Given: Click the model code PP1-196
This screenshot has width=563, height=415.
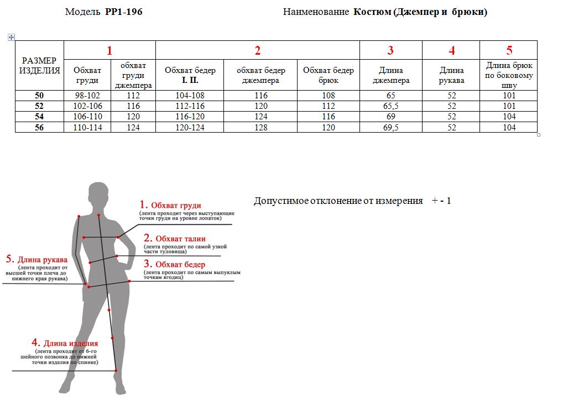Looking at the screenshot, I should pyautogui.click(x=123, y=12).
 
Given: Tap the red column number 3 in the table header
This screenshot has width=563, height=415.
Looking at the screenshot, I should pyautogui.click(x=390, y=51).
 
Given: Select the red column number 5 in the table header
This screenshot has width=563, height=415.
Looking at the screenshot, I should pyautogui.click(x=509, y=50).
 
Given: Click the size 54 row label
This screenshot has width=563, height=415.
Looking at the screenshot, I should pyautogui.click(x=39, y=117).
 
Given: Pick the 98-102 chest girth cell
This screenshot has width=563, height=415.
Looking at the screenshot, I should pyautogui.click(x=87, y=96).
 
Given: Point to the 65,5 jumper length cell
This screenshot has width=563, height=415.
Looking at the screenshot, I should pyautogui.click(x=391, y=106).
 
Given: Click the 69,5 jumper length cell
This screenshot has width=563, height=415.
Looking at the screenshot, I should pyautogui.click(x=391, y=128).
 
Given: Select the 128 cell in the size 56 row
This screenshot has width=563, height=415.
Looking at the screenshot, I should pyautogui.click(x=261, y=128).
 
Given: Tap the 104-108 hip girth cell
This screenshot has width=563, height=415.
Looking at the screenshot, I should pyautogui.click(x=190, y=96).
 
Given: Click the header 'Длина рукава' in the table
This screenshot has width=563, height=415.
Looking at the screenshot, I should pyautogui.click(x=451, y=75).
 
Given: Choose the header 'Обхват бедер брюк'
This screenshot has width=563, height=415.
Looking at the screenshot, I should pyautogui.click(x=329, y=75).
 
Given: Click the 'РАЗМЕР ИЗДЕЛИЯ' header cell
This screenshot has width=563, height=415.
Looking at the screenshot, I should pyautogui.click(x=39, y=65).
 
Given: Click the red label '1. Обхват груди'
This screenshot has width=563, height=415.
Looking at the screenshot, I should pyautogui.click(x=170, y=205).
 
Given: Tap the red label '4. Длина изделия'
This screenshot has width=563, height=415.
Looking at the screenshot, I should pyautogui.click(x=65, y=343).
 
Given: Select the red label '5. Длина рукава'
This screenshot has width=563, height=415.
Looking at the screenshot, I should pyautogui.click(x=37, y=259).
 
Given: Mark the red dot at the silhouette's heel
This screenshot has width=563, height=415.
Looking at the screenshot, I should pyautogui.click(x=116, y=370).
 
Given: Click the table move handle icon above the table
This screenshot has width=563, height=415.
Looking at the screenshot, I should pyautogui.click(x=11, y=37).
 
